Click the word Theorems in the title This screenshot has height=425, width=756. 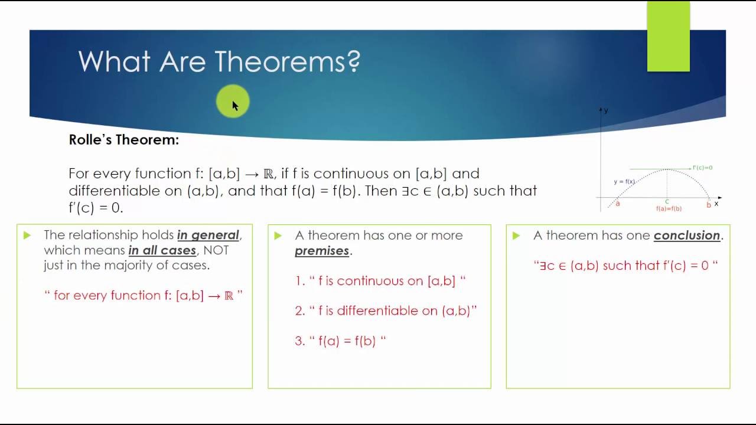[x=287, y=61]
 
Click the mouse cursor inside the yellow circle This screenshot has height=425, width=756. [x=234, y=105]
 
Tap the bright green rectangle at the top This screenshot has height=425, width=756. [x=668, y=37]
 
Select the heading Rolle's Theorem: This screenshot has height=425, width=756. [x=123, y=140]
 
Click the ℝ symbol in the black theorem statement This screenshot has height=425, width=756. [x=268, y=174]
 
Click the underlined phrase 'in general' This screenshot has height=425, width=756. [x=208, y=235]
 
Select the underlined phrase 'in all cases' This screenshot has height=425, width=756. [x=162, y=250]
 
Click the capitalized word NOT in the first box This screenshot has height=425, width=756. [x=216, y=250]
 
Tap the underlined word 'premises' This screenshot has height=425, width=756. [x=322, y=250]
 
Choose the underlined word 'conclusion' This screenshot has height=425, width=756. [x=687, y=235]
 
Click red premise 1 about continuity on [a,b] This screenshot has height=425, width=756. [x=380, y=281]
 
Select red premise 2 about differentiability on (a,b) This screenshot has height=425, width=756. [x=386, y=311]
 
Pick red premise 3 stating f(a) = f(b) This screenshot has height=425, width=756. [x=340, y=341]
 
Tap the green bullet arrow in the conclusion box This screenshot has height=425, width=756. [x=516, y=236]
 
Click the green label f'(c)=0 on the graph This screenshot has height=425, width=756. [x=702, y=168]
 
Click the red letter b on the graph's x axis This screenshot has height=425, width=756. [x=709, y=205]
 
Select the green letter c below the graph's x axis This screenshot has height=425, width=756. [x=667, y=202]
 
